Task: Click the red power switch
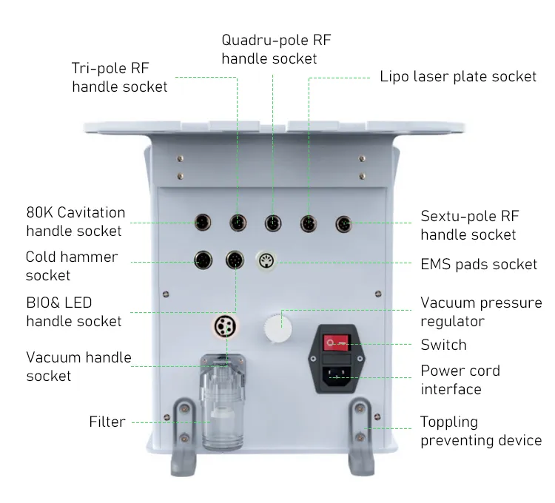tap(336, 342)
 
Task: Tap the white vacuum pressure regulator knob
tap(277, 328)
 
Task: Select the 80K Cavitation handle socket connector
tap(203, 223)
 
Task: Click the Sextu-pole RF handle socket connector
tap(343, 224)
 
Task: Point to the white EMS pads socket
tap(266, 261)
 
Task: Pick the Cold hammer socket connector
tap(203, 260)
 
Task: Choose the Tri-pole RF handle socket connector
tap(238, 223)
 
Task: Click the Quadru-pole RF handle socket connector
tap(273, 223)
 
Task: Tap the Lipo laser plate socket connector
tap(309, 223)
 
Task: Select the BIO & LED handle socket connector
tap(235, 260)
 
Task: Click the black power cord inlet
tap(336, 376)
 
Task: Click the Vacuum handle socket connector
tap(226, 326)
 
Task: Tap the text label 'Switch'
tap(443, 345)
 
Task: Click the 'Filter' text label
tap(107, 422)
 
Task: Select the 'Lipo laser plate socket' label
tap(458, 77)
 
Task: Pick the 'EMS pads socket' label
tap(479, 265)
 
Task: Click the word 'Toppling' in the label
tap(449, 422)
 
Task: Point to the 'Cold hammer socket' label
tap(72, 266)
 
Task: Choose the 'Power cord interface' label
tap(460, 380)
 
